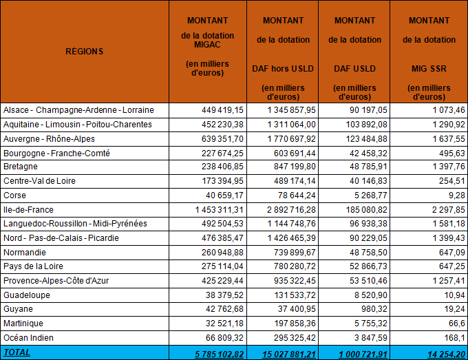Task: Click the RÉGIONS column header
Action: tap(85, 52)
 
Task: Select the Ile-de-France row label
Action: tap(28, 210)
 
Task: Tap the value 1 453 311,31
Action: tap(220, 210)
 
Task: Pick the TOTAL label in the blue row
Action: tap(17, 352)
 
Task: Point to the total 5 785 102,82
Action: tap(220, 354)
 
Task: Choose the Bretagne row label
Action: tap(21, 167)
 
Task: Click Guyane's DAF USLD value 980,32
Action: tap(374, 309)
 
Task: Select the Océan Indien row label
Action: tap(28, 338)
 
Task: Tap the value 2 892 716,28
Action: tap(291, 210)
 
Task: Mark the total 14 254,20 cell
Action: tap(446, 354)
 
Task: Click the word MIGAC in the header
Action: tap(207, 45)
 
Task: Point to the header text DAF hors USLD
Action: tap(283, 69)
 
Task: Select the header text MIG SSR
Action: tap(429, 69)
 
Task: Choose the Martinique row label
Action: tap(23, 324)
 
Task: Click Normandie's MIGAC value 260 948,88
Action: tap(222, 253)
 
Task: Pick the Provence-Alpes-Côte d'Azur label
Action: tap(56, 281)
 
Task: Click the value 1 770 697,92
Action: tap(291, 139)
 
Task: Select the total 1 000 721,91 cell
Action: tap(363, 354)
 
